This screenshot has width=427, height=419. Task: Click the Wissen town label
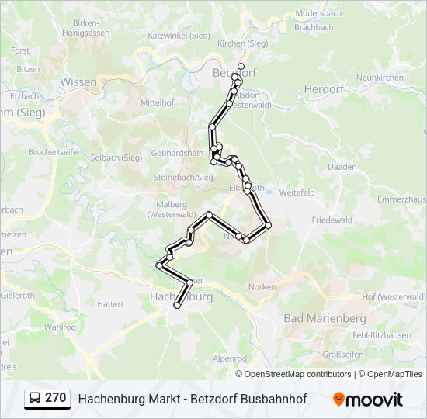click(x=78, y=81)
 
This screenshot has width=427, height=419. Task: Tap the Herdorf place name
click(x=324, y=89)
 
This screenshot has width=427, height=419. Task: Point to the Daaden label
click(x=342, y=167)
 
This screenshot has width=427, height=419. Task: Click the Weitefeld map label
click(x=297, y=192)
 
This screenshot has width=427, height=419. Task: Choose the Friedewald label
click(x=332, y=220)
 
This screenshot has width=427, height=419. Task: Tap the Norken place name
click(x=262, y=286)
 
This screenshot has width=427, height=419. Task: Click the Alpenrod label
click(x=230, y=358)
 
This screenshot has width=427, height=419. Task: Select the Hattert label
click(x=110, y=304)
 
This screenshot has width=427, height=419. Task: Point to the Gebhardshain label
click(x=177, y=153)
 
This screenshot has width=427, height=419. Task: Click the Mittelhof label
click(x=157, y=102)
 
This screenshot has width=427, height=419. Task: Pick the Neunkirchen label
click(x=379, y=78)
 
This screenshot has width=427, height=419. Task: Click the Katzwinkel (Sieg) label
click(x=179, y=36)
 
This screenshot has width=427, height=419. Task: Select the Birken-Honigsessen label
click(x=85, y=29)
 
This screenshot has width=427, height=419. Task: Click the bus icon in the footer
click(x=35, y=399)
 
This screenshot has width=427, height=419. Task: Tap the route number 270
click(x=55, y=398)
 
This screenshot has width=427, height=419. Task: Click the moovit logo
click(x=368, y=400)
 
